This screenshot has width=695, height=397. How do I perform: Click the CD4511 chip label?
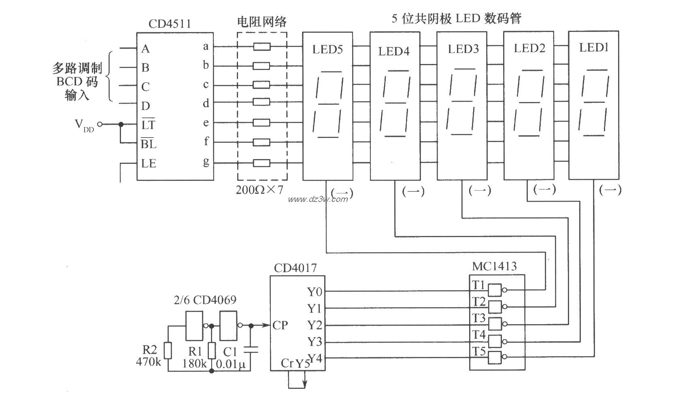click(x=169, y=24)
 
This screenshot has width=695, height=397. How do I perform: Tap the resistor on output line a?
click(x=262, y=47)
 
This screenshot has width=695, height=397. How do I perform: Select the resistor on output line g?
click(x=262, y=163)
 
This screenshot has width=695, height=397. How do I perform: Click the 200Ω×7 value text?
click(x=260, y=190)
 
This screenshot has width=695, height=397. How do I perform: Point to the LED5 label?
click(x=327, y=49)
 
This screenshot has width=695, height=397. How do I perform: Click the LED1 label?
click(x=594, y=48)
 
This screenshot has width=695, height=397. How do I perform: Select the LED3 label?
click(x=463, y=49)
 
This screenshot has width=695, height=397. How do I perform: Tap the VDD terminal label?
click(x=84, y=124)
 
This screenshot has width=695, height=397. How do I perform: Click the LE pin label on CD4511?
click(x=149, y=163)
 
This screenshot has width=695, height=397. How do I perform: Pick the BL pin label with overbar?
click(x=149, y=144)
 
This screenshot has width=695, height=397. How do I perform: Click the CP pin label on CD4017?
click(x=280, y=325)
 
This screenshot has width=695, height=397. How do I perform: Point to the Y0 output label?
click(x=315, y=291)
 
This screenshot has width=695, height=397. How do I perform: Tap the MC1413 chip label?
click(x=494, y=266)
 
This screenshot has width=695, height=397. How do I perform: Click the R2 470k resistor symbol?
click(x=168, y=350)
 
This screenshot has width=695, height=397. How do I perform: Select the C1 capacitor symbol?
click(x=251, y=348)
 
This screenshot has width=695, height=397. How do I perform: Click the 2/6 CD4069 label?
click(x=205, y=300)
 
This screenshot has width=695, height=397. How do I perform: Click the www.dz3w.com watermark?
click(x=318, y=199)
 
